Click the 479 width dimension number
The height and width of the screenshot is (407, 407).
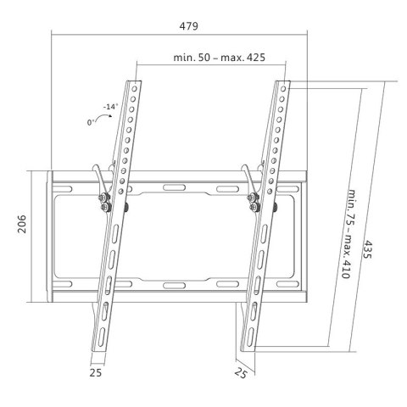[x=188, y=26]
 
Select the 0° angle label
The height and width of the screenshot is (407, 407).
[x=80, y=123]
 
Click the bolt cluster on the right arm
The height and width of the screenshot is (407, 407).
[x=253, y=200]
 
